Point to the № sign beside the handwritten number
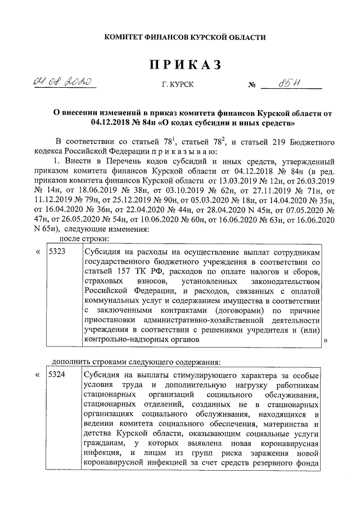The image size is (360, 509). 252,85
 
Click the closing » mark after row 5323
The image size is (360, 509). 326,341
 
